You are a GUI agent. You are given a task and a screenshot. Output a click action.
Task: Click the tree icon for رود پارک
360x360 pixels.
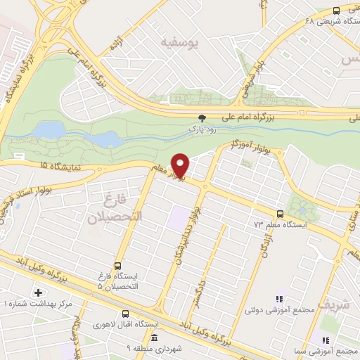click(203, 118)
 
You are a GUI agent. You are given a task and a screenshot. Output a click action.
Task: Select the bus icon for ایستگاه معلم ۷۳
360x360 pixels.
click(281, 214)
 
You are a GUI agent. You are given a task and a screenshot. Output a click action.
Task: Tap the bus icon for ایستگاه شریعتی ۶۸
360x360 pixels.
click(336, 11)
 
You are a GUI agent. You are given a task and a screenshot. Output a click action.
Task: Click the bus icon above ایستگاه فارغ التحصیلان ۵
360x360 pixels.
click(117, 266)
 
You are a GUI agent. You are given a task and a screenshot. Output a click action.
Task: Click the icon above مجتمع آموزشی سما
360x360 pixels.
click(325, 338)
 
